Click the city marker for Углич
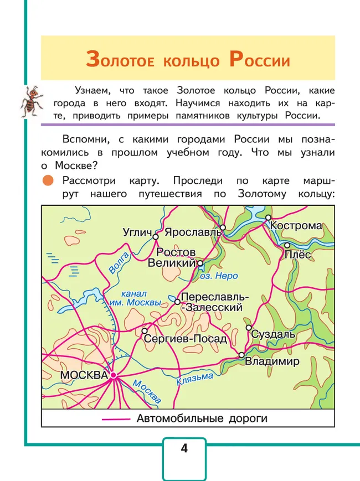156,236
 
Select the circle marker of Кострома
268,218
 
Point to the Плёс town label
297,254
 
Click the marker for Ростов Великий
200,263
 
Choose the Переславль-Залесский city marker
178,302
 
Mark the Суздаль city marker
249,327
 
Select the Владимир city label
272,361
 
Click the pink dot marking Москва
113,375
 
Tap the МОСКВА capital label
83,375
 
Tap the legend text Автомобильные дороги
202,418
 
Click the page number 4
184,448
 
